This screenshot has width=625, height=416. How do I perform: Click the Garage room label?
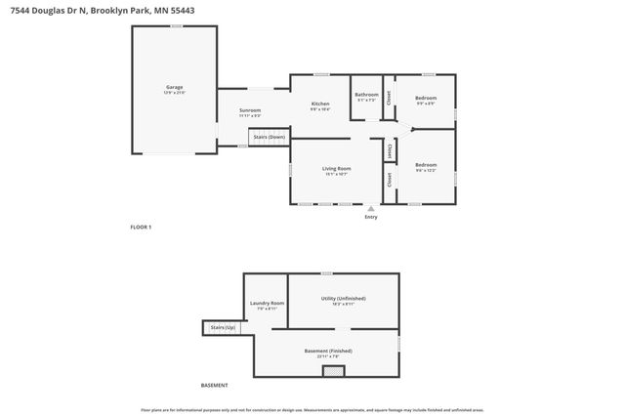174,87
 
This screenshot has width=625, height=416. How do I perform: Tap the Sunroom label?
250,110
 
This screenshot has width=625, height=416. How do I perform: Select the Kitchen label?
320,104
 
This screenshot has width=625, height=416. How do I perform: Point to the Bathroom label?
366,95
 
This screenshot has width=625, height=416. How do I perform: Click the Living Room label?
336,169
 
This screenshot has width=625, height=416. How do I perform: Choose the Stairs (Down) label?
270,137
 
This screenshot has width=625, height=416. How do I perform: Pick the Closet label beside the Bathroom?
389,97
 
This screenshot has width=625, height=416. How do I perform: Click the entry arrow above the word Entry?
370,208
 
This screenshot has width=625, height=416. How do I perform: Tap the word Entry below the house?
370,217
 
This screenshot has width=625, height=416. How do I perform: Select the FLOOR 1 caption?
142,227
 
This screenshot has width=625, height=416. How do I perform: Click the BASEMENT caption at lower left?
213,384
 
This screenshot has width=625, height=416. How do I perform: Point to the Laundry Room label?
267,303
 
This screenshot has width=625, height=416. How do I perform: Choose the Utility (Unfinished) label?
344,299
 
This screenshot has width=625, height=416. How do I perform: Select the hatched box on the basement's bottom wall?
334,371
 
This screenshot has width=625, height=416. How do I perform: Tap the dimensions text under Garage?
174,93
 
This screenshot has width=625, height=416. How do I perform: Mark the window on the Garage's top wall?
175,25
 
